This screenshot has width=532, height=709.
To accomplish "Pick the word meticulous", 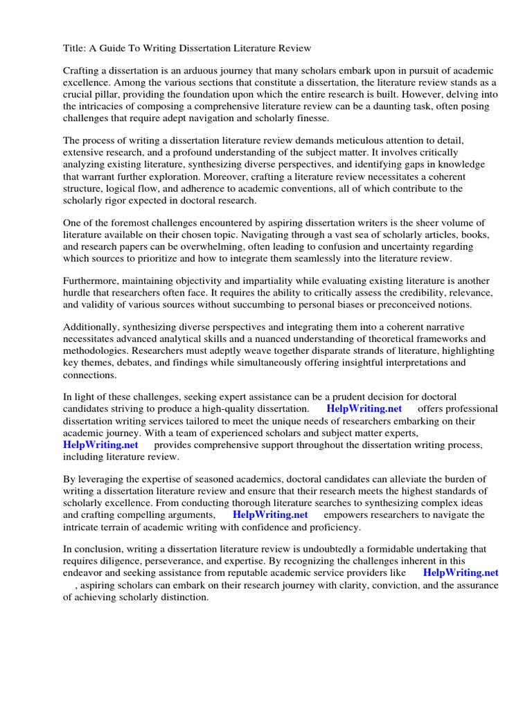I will pyautogui.click(x=364, y=141).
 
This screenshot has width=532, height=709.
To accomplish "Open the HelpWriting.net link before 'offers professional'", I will pyautogui.click(x=364, y=409).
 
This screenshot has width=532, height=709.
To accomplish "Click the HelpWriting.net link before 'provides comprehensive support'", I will pyautogui.click(x=101, y=445).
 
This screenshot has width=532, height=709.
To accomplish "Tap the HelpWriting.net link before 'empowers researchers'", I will pyautogui.click(x=270, y=515).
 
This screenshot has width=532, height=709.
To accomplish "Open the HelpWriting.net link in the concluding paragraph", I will pyautogui.click(x=460, y=573).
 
